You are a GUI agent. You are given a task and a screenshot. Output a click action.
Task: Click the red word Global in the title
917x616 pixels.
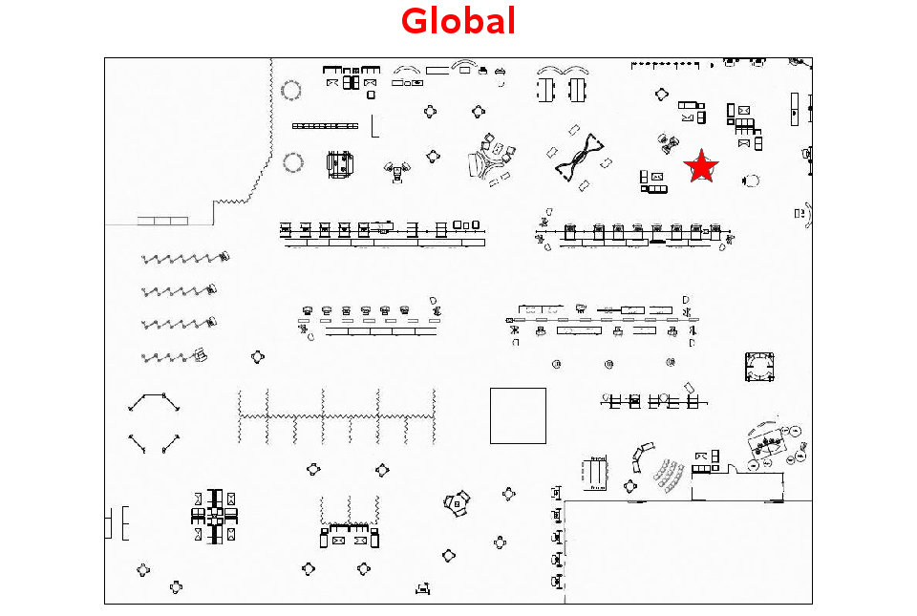tap(458, 21)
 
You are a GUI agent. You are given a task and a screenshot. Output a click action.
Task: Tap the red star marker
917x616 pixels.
tap(700, 166)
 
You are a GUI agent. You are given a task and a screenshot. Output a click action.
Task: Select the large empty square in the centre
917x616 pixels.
tap(518, 415)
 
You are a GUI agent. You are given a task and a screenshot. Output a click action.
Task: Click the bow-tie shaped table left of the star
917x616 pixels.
tap(579, 156)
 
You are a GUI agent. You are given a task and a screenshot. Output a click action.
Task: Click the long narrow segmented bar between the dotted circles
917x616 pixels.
tap(325, 126)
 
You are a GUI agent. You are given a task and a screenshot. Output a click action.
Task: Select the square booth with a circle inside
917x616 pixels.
tap(759, 367)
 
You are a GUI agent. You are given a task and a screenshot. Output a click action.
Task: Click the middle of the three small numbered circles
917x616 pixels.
tap(608, 364)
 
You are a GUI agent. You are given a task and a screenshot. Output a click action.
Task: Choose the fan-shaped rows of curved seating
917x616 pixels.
tap(669, 476)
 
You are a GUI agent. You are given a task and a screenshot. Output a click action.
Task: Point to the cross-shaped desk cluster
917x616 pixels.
tap(215, 517)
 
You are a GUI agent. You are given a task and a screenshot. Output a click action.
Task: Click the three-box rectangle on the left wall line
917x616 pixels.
tap(162, 221)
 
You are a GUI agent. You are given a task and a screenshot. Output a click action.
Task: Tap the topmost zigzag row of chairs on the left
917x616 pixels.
tap(184, 258)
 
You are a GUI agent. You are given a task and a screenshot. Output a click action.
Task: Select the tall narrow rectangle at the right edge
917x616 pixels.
tap(794, 109)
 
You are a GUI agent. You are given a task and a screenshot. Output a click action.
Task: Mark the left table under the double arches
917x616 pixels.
tap(545, 90)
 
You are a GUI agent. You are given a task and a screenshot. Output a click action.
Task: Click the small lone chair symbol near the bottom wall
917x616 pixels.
tap(423, 588)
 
